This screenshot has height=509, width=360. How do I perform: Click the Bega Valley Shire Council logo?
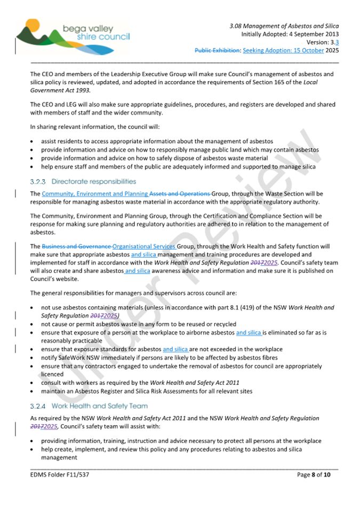(72, 33)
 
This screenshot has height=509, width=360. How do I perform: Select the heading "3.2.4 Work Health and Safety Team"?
(89, 405)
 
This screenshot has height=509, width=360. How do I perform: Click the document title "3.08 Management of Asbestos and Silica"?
(284, 26)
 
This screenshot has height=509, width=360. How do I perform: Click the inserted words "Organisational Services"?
(144, 246)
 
